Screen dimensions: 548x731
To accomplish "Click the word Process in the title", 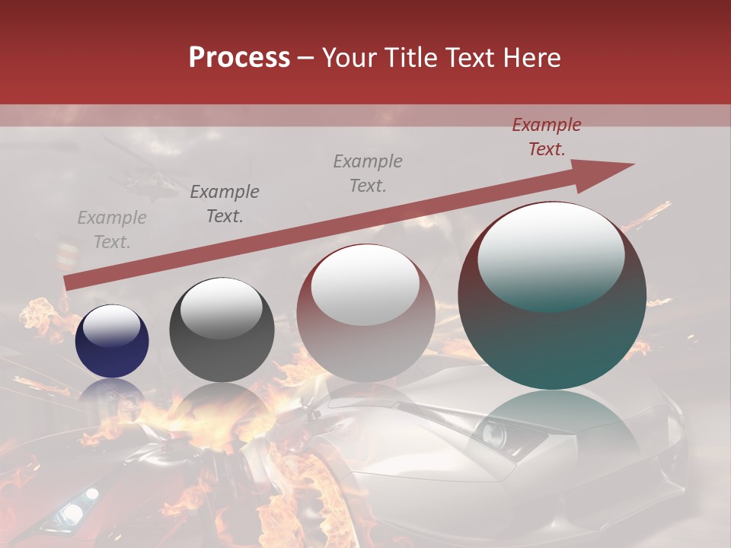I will click(239, 58).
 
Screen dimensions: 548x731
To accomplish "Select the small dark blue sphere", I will click(112, 341).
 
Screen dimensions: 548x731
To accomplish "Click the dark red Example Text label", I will click(546, 137).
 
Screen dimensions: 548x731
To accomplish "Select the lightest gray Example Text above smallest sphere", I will click(111, 230).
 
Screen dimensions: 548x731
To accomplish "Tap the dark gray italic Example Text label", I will click(224, 204).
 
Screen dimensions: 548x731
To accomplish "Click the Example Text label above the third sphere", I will click(368, 174).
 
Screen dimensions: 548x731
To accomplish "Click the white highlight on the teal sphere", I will click(551, 255).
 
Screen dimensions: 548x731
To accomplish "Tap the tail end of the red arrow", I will click(67, 283).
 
